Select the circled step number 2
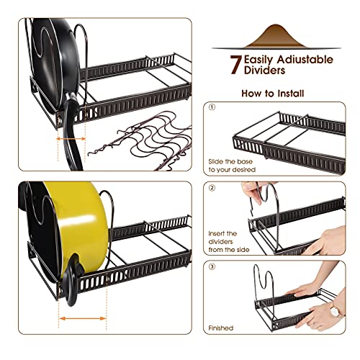tap(212, 188)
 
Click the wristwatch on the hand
tap(335, 311)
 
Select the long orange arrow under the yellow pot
tap(82, 318)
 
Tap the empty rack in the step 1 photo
tap(288, 135)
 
